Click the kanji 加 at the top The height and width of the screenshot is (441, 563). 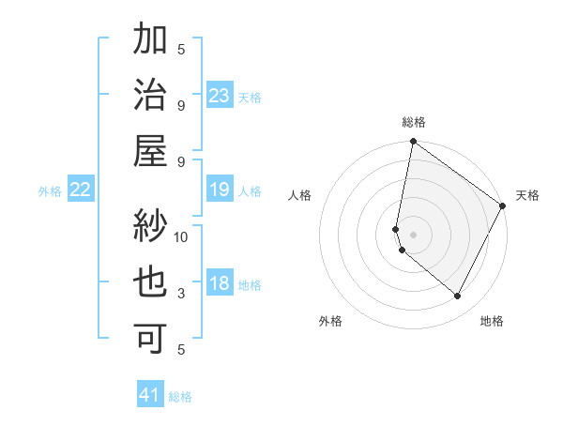(x=151, y=43)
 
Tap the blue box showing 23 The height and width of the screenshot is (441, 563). (x=220, y=96)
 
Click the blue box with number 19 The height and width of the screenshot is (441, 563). (x=220, y=190)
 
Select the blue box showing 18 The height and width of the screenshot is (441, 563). (x=220, y=284)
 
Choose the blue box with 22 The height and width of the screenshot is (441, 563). (x=81, y=190)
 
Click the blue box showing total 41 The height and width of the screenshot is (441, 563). (x=150, y=395)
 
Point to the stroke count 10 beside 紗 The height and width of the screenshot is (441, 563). (x=181, y=236)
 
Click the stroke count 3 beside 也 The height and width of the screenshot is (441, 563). (x=181, y=294)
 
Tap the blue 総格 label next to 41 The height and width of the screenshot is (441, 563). (x=180, y=397)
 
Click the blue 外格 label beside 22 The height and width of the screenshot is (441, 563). (x=50, y=191)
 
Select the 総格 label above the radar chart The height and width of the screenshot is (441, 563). (x=414, y=123)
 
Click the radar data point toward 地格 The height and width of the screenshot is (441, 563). (x=458, y=297)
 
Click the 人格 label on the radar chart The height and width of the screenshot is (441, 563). (x=300, y=195)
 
